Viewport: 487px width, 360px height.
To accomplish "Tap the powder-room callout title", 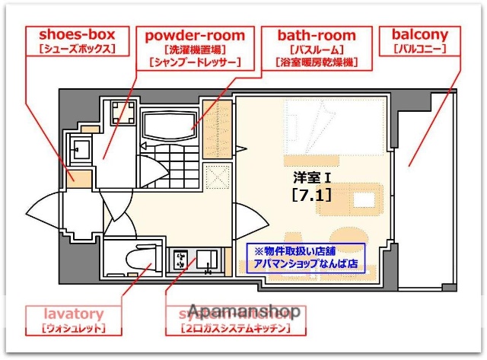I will click(196, 35).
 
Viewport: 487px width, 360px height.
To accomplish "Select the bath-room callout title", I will click(317, 35).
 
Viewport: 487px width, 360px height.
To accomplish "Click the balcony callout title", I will click(419, 35).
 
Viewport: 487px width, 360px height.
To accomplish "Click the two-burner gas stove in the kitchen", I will click(181, 262).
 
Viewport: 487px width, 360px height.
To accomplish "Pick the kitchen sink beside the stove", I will click(206, 261).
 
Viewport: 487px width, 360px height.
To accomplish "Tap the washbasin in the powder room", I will click(80, 147).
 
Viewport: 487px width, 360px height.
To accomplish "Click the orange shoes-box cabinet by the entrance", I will click(79, 178).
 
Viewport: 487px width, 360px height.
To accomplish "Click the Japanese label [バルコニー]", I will click(419, 49).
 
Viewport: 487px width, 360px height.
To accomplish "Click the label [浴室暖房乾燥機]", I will click(317, 63).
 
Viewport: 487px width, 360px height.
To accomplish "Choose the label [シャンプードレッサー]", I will click(196, 63).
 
